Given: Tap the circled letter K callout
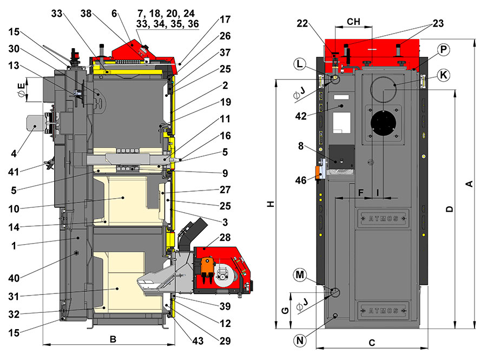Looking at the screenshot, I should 443,75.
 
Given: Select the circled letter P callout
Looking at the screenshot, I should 443,50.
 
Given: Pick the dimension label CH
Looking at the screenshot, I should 353,21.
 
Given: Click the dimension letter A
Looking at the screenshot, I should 470,184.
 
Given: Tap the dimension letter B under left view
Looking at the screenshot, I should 113,339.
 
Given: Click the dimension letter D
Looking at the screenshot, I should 449,209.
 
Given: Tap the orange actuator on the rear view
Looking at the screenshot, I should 319,172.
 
